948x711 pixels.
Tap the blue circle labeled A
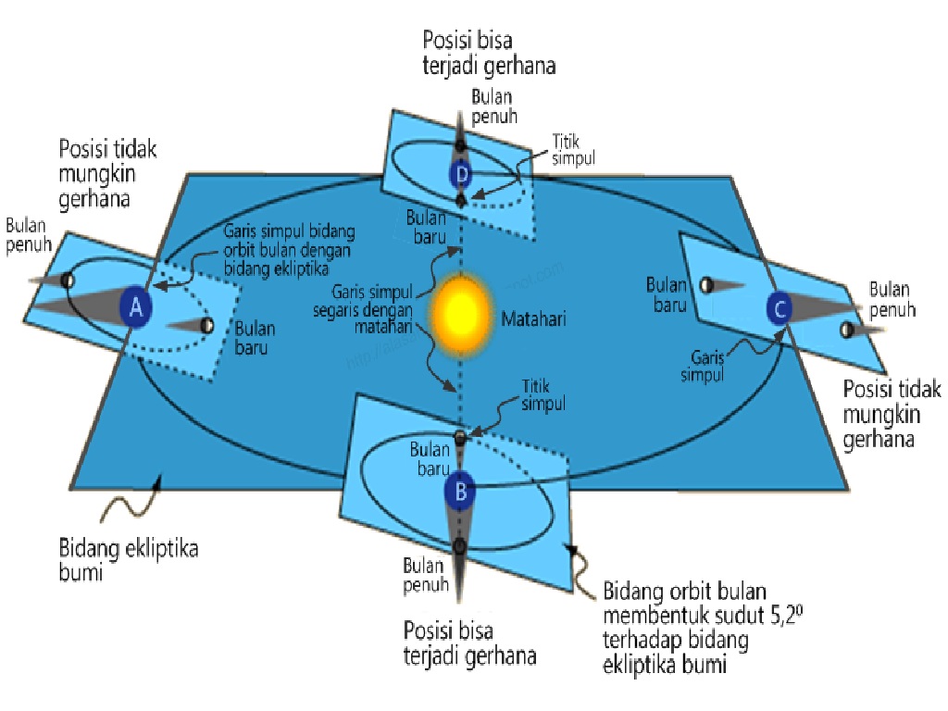tap(136, 308)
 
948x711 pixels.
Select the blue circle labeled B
tap(460, 491)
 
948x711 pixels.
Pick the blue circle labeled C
tap(780, 308)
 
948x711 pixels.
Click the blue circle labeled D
tap(460, 173)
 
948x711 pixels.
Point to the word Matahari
tap(533, 319)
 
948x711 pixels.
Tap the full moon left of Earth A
tap(67, 280)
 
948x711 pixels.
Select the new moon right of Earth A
tap(207, 325)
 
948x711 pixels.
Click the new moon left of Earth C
tap(706, 286)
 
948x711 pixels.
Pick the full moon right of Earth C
tap(846, 330)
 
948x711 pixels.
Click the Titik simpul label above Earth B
tap(543, 398)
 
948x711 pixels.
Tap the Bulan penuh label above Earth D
tap(493, 106)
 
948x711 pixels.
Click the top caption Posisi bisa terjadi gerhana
tap(489, 53)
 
